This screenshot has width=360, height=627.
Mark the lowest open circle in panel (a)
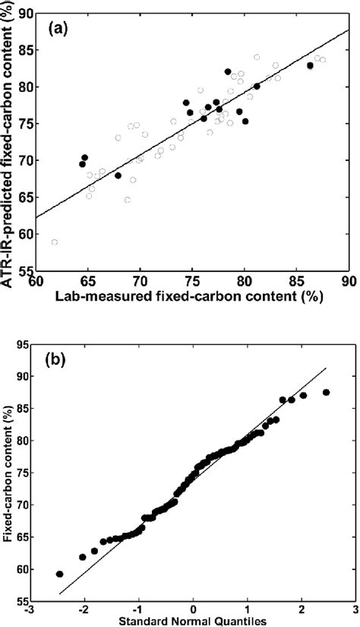[55, 242]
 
